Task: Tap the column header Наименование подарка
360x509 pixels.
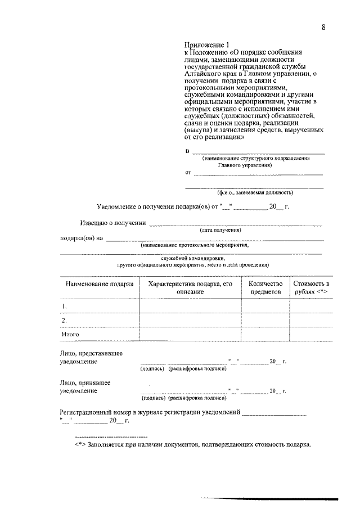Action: point(99,285)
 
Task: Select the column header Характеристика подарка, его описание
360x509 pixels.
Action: point(190,289)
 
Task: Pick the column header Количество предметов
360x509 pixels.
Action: point(265,289)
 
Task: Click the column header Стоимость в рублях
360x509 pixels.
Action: point(310,289)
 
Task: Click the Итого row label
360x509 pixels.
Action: point(70,335)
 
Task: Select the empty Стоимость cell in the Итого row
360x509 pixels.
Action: point(310,335)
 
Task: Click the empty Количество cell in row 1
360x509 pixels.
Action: point(265,306)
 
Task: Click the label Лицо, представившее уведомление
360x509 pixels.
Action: point(91,357)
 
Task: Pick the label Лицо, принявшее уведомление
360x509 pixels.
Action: point(85,386)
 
